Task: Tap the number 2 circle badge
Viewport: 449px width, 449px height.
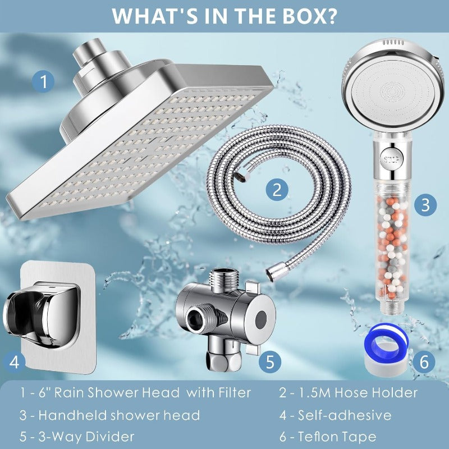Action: [x=276, y=190]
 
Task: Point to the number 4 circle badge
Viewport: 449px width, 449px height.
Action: [x=15, y=362]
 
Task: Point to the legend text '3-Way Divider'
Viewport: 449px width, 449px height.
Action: [x=84, y=436]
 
